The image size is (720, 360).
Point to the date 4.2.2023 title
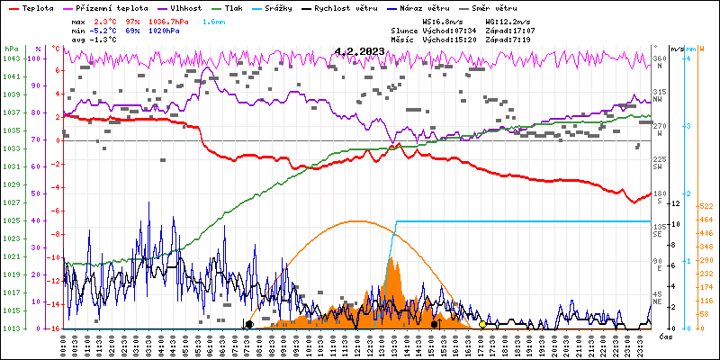pyautogui.click(x=358, y=51)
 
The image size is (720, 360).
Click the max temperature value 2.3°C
pyautogui.click(x=109, y=20)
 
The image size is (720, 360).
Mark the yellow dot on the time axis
pyautogui.click(x=483, y=325)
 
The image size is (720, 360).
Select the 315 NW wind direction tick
pyautogui.click(x=659, y=94)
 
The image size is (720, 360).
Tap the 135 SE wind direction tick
pyautogui.click(x=659, y=229)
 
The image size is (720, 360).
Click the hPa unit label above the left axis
pyautogui.click(x=10, y=48)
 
